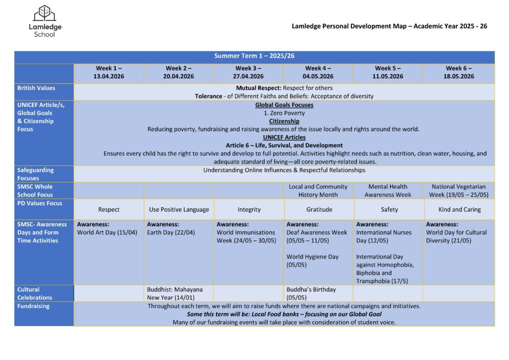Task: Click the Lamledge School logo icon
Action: tap(45, 13)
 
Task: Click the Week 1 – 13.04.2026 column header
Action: tap(108, 73)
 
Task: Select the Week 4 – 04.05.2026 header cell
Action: tap(318, 73)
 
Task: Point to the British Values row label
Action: tap(36, 88)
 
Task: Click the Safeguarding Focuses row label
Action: tap(35, 174)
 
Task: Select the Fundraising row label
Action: tap(33, 306)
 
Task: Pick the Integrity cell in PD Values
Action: tap(249, 209)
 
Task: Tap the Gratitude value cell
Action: tap(319, 209)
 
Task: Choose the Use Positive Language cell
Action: tap(179, 209)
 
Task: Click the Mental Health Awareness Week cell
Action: tap(388, 190)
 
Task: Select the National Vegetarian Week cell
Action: tap(459, 190)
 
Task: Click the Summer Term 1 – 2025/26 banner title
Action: tap(254, 56)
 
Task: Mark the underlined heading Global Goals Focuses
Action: tap(284, 105)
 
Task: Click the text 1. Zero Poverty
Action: tap(284, 113)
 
